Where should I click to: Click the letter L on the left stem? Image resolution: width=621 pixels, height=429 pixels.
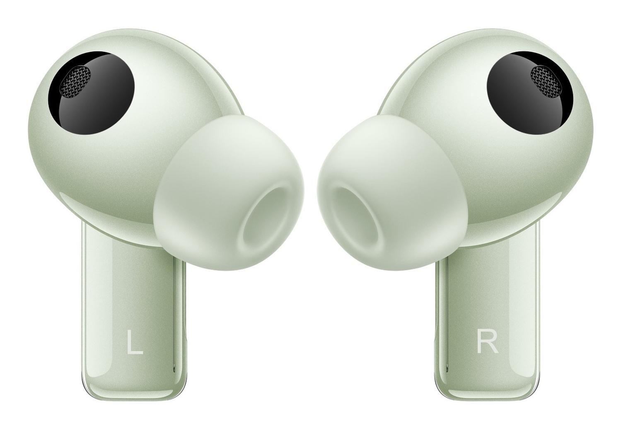pyautogui.click(x=135, y=342)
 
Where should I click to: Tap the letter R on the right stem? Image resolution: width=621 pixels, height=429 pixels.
pyautogui.click(x=487, y=342)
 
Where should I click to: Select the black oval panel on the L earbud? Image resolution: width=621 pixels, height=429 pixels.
pyautogui.click(x=91, y=93)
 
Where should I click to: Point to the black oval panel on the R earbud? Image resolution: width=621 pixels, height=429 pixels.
pyautogui.click(x=530, y=93)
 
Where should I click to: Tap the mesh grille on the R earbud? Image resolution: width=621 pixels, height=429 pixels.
pyautogui.click(x=546, y=81)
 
